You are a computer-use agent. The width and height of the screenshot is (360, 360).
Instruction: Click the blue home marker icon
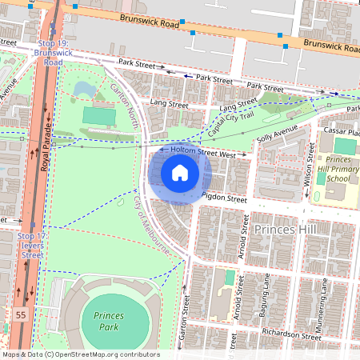tap(180, 173)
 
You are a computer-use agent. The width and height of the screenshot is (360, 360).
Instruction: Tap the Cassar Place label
tap(341, 130)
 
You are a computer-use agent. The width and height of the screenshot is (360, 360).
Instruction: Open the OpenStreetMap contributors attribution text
tap(80, 354)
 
